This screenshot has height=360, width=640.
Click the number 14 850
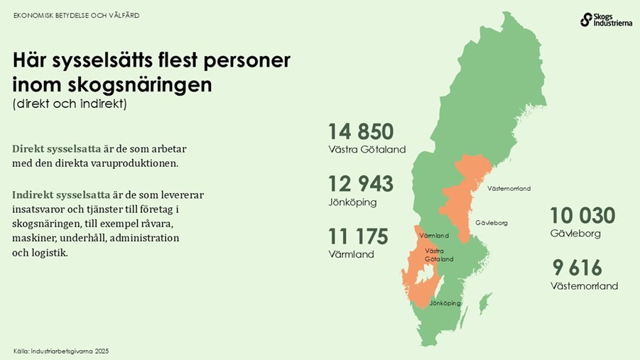(x=360, y=132)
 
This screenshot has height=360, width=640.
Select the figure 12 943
(x=360, y=184)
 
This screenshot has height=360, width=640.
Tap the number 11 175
(x=358, y=236)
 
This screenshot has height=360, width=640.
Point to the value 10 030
(x=582, y=215)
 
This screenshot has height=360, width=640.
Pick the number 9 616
(x=577, y=268)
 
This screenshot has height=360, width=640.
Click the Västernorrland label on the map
(x=509, y=188)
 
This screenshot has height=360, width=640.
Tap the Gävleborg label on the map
(x=492, y=223)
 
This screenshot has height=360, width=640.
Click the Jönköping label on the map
(x=445, y=303)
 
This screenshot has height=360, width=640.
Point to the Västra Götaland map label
(x=438, y=255)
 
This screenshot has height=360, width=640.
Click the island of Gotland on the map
(x=485, y=304)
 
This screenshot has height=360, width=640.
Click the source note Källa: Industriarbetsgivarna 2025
(x=61, y=351)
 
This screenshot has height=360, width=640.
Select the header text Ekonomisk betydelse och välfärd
(x=77, y=15)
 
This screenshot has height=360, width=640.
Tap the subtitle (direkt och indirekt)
(x=69, y=104)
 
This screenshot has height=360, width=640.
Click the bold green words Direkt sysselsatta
(x=57, y=149)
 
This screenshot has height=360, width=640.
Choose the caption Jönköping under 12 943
(x=352, y=202)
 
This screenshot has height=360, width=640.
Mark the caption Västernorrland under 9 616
(x=584, y=286)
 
